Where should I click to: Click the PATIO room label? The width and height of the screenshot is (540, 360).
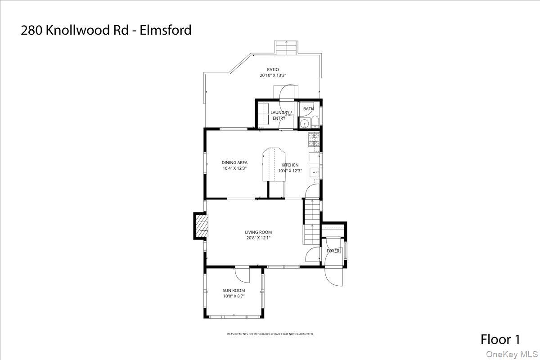click(x=273, y=69)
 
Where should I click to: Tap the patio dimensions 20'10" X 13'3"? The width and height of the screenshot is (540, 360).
click(x=273, y=76)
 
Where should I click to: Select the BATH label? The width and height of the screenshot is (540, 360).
click(x=308, y=109)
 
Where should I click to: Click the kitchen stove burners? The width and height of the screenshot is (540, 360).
click(x=314, y=139)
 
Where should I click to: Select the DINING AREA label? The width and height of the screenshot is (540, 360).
click(x=234, y=163)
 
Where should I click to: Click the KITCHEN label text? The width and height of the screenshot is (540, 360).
click(x=290, y=165)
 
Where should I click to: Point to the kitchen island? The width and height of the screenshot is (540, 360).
click(x=274, y=164)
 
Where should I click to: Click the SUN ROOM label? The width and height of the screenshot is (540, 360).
click(x=234, y=291)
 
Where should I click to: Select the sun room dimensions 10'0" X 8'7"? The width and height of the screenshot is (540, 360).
click(x=234, y=297)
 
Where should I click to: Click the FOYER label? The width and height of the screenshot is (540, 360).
click(x=333, y=251)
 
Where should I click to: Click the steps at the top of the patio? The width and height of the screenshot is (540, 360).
click(x=286, y=47)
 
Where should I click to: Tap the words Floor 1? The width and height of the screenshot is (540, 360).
click(x=502, y=339)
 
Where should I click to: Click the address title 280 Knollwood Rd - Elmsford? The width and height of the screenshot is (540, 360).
click(x=106, y=30)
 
